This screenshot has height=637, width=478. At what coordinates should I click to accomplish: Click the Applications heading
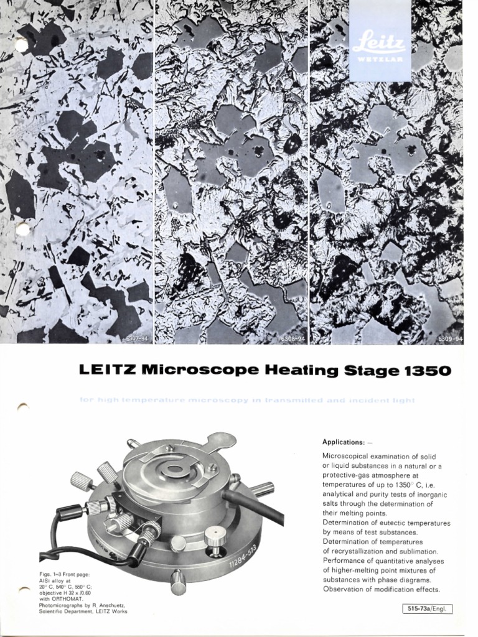coord(342,442)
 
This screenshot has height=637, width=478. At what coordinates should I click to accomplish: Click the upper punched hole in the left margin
coord(21,45)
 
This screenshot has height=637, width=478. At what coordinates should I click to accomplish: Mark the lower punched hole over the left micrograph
coord(22,230)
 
